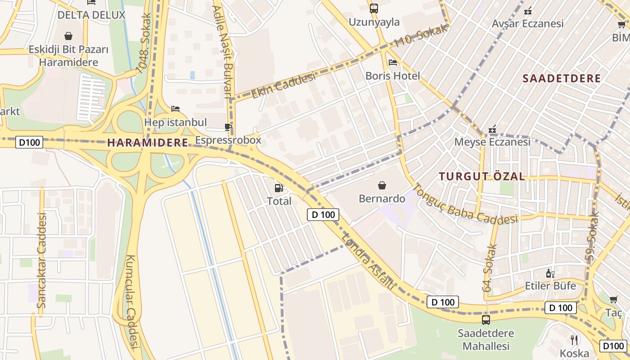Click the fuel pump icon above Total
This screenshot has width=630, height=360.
pos(279,188)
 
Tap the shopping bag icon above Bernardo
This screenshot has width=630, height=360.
pos(382,185)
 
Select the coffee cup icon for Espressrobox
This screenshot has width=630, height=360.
pos(228,127)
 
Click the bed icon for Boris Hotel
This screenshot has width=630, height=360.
pos(392,63)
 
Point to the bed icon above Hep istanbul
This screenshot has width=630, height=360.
pos(175,109)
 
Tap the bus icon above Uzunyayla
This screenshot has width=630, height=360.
pos(373,8)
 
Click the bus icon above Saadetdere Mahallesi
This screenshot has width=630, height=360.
pos(486,320)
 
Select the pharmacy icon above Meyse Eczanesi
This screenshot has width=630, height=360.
pos(493,129)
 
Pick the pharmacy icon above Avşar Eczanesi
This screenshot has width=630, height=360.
pos(528,10)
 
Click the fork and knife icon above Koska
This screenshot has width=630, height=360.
pos(574,340)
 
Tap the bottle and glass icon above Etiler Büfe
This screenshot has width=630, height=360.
pos(550,273)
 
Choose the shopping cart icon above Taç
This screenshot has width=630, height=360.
pos(613,299)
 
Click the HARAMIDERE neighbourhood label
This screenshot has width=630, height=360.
pos(148,143)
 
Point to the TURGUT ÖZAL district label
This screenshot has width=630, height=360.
pos(482,176)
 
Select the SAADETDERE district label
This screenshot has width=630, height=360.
pos(562,78)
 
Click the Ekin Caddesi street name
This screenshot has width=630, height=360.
pos(283,85)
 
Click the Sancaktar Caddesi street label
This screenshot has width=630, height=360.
pos(41,260)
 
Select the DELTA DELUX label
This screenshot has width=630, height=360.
pos(91,15)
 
